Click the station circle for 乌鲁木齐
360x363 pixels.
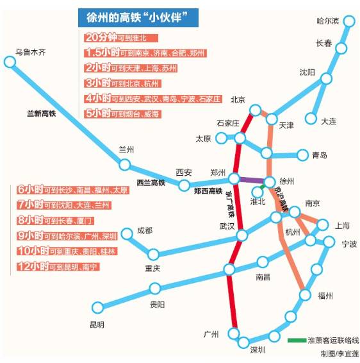pyautogui.click(x=10, y=62)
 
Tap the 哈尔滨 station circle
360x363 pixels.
pyautogui.click(x=349, y=21)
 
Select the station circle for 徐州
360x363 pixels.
pyautogui.click(x=270, y=181)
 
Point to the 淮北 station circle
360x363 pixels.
pyautogui.click(x=257, y=192)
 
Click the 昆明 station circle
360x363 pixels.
pyautogui.click(x=97, y=307)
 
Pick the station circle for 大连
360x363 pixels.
pyautogui.click(x=311, y=118)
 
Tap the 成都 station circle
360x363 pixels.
pyautogui.click(x=127, y=233)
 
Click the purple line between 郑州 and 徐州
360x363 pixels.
pyautogui.click(x=252, y=180)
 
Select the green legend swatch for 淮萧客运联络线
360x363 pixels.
pyautogui.click(x=297, y=340)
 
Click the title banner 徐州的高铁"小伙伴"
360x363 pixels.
pyautogui.click(x=138, y=17)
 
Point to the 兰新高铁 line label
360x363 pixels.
pyautogui.click(x=42, y=114)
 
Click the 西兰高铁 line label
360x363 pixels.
pyautogui.click(x=151, y=183)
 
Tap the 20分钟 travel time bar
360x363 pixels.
pyautogui.click(x=121, y=38)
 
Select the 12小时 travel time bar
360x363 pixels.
pyautogui.click(x=58, y=267)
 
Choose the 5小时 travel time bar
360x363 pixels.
pyautogui.click(x=122, y=114)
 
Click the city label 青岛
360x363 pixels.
pyautogui.click(x=320, y=155)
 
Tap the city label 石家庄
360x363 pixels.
pyautogui.click(x=228, y=123)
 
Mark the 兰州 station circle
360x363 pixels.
pyautogui.click(x=125, y=165)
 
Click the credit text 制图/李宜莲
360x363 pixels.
pyautogui.click(x=340, y=354)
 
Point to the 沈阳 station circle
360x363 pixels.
pyautogui.click(x=327, y=78)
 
